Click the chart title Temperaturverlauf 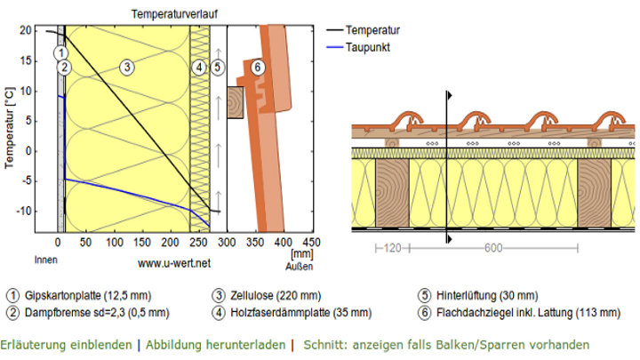(174, 14)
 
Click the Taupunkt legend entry (358, 47)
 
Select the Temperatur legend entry (364, 30)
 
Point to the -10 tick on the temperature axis (24, 211)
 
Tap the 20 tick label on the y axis (25, 30)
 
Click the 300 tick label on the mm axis (227, 243)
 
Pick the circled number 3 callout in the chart (127, 67)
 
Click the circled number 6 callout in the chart (257, 67)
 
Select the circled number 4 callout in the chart (199, 67)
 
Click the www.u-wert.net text (174, 263)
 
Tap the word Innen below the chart (45, 260)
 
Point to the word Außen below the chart (300, 267)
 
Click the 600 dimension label (493, 248)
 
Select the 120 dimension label (392, 248)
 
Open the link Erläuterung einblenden (66, 345)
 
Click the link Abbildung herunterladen (215, 345)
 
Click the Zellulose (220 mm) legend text (276, 295)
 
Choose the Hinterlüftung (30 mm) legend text (487, 295)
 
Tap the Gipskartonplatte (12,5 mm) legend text (88, 295)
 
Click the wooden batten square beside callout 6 (235, 102)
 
